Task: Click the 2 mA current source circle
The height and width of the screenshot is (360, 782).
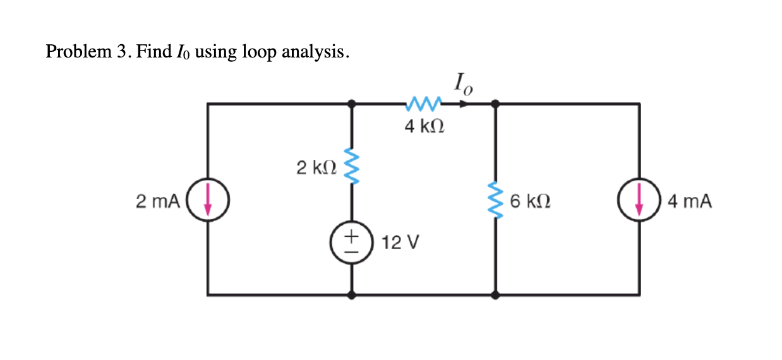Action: pos(208,201)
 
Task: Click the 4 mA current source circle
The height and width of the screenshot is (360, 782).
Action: pos(639,201)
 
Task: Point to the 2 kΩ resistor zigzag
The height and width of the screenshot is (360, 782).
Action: pos(352,169)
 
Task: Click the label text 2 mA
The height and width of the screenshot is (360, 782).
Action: pos(157,201)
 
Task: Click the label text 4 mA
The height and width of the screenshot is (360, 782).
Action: pos(689,201)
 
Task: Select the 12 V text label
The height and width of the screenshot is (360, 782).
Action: pos(397,243)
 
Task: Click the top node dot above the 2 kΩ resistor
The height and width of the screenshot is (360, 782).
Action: pos(352,103)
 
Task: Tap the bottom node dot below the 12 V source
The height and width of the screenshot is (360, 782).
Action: pos(352,294)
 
